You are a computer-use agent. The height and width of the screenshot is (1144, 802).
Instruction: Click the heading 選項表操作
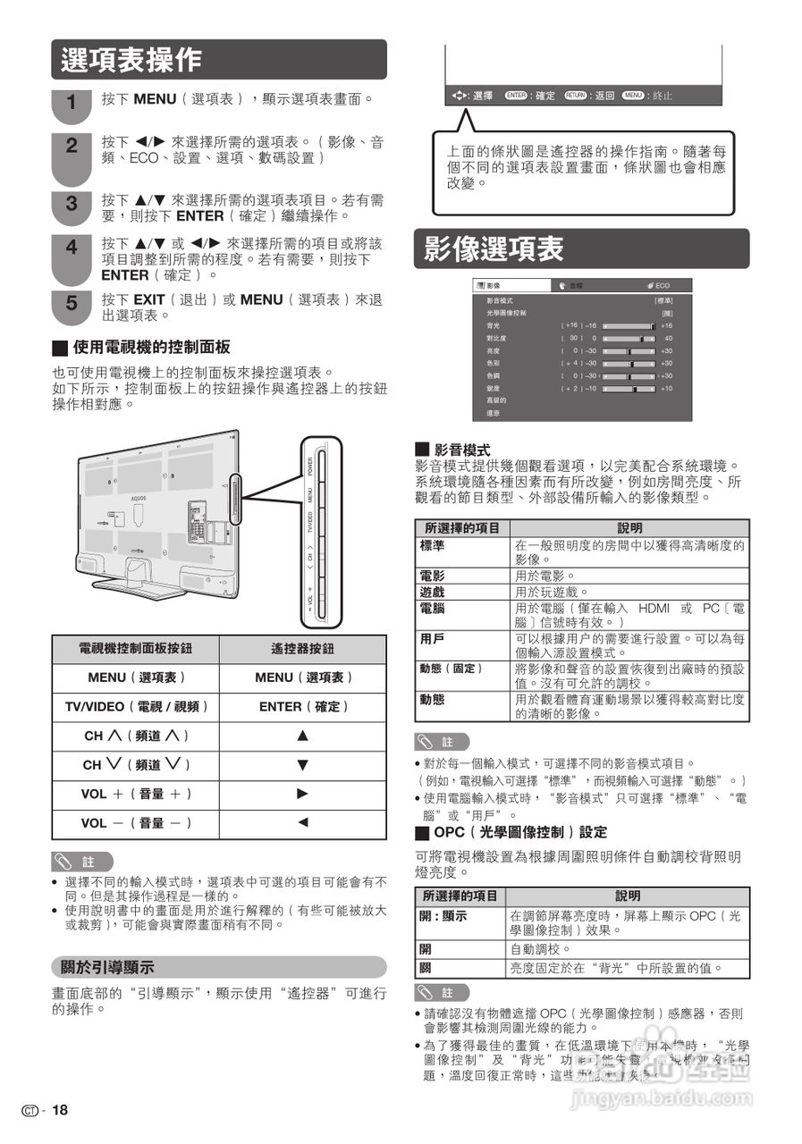point(131,60)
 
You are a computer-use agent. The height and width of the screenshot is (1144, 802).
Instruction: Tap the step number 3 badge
point(72,205)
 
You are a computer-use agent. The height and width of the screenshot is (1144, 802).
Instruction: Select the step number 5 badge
point(72,305)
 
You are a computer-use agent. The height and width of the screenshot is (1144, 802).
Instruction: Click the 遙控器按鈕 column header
point(302,649)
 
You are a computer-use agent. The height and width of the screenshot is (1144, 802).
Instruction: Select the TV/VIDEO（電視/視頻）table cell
point(136,707)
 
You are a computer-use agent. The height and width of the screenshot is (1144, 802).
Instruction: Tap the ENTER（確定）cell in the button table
point(302,707)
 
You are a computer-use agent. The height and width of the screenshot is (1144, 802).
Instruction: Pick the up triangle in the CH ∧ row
point(302,736)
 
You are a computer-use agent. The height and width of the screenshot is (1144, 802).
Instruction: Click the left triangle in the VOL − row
point(302,822)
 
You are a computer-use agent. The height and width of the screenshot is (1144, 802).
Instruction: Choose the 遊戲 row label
point(433,593)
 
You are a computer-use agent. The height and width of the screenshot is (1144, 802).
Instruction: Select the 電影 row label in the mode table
point(433,576)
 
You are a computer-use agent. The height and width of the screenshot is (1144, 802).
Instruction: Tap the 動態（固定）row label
point(452,669)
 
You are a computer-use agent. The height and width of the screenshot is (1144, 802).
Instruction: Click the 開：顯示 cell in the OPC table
point(444,916)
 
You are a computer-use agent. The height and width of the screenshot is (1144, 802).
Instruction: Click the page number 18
point(59,1110)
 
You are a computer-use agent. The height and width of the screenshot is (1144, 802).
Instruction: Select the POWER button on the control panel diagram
point(310,467)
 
